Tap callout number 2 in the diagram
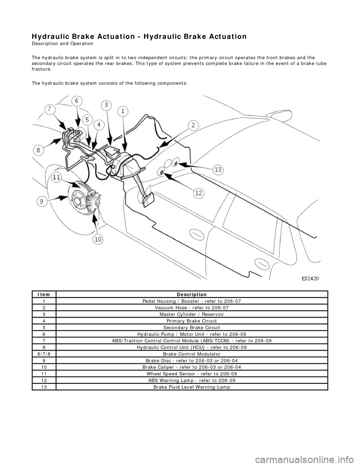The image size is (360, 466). (x=193, y=125)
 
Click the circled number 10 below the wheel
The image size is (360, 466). (x=97, y=239)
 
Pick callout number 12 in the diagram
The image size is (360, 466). (x=199, y=193)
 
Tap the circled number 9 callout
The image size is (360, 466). (x=42, y=201)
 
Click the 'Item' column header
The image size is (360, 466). (x=44, y=295)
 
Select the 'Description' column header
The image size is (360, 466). (x=192, y=295)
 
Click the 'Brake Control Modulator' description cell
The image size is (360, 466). (x=192, y=354)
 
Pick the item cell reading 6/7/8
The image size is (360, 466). (x=44, y=354)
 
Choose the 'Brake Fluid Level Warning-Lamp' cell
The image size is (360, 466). (x=192, y=387)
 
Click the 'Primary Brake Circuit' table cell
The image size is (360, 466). (x=192, y=321)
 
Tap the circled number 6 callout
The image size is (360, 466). (x=76, y=101)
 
